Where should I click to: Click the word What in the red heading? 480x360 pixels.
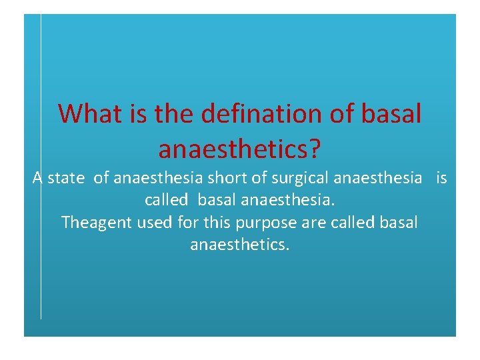(x=85, y=114)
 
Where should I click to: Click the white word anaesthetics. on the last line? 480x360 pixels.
(x=240, y=245)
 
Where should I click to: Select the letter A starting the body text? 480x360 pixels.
(x=38, y=178)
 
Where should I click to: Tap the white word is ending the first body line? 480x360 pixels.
(x=441, y=178)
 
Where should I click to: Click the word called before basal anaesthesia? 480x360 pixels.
(x=167, y=200)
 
